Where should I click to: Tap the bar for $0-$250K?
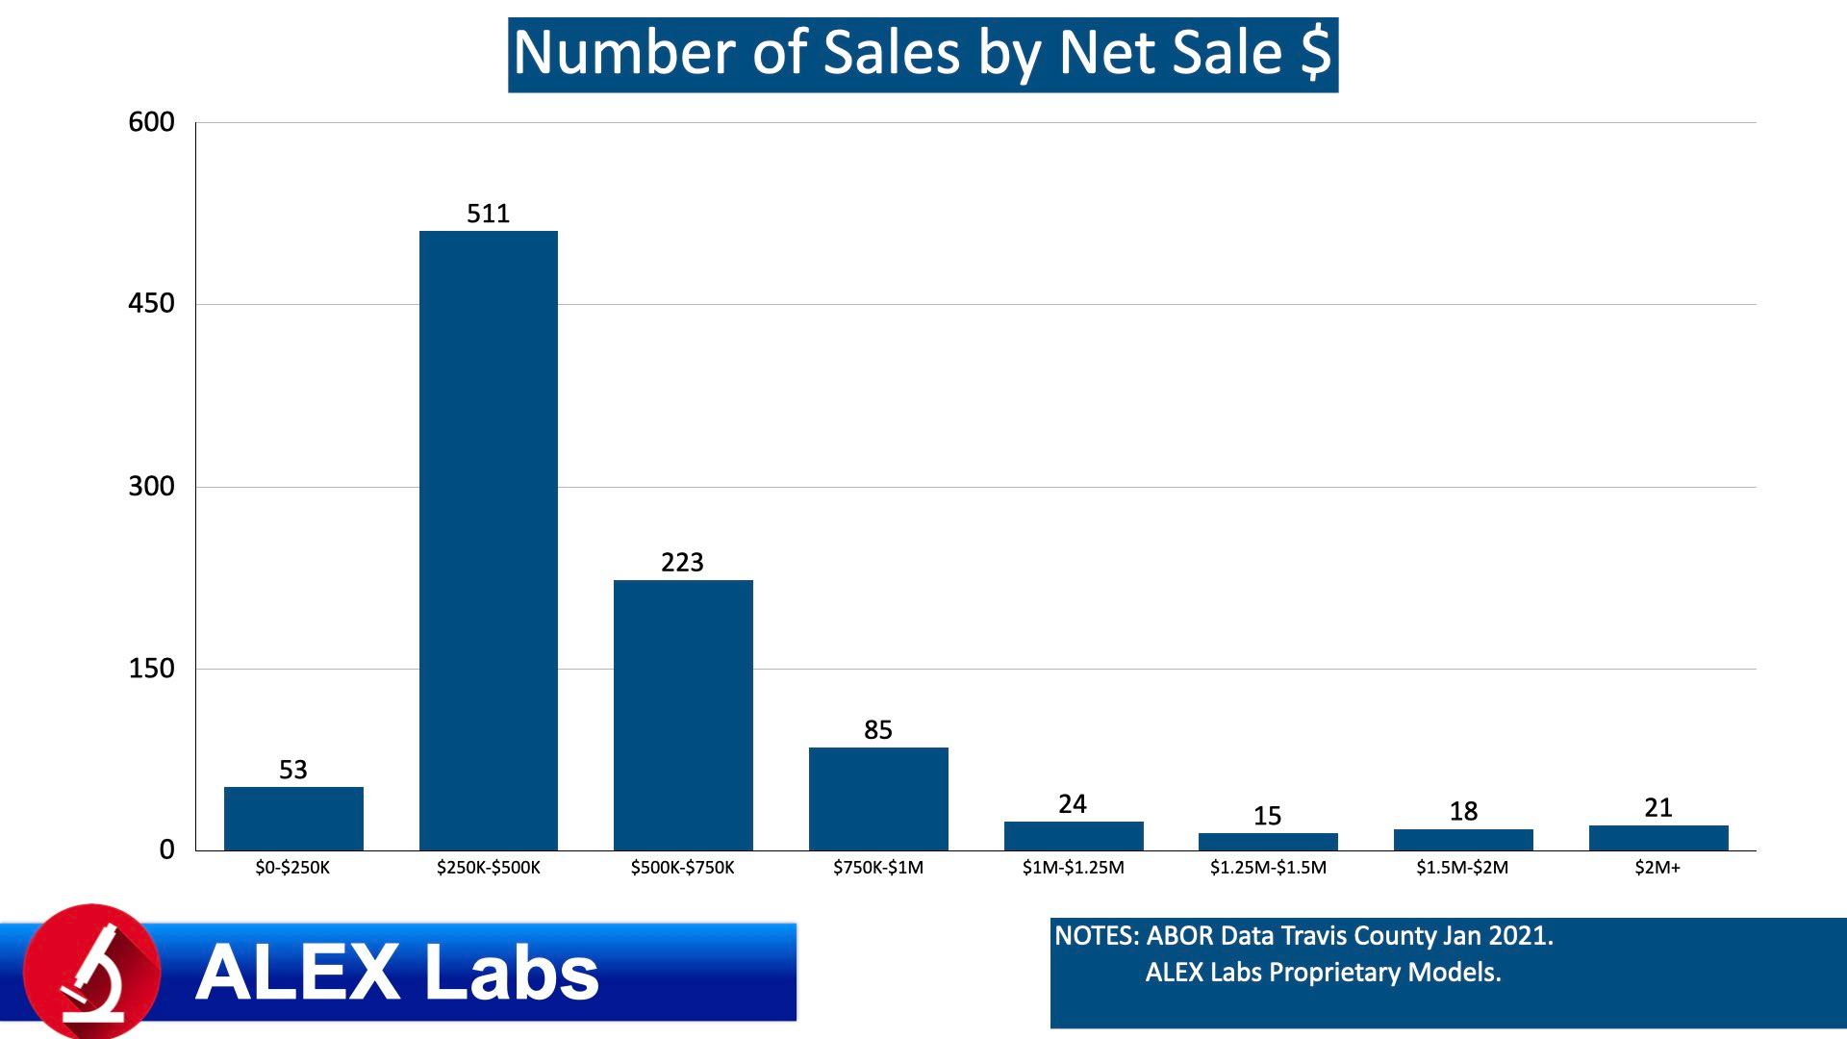tap(293, 819)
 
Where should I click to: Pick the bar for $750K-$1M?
tap(878, 798)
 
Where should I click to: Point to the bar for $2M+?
tap(1658, 838)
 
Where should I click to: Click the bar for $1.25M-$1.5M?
tap(1268, 842)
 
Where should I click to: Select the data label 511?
tap(488, 214)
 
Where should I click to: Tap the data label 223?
tap(682, 562)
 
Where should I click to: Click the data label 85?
tap(877, 730)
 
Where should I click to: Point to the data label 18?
tap(1463, 812)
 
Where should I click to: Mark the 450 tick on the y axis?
tap(151, 304)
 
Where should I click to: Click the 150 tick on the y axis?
tap(151, 669)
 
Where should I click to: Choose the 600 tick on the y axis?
tap(151, 122)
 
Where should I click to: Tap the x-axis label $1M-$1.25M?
tap(1073, 868)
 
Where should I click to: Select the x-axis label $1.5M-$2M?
tap(1462, 868)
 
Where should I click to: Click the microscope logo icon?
tap(92, 972)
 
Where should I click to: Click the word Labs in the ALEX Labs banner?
tap(511, 973)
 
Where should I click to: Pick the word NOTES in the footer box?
tap(1095, 936)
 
